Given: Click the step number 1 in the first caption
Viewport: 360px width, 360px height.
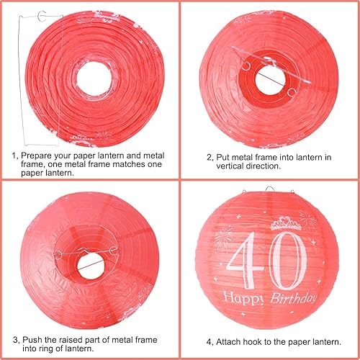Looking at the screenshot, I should (x=14, y=155).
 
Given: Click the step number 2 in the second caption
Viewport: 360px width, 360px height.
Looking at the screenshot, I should (x=208, y=156).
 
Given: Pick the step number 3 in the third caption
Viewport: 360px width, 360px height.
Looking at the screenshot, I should (x=14, y=339).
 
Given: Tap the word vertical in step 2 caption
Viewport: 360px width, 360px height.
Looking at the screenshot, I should (x=231, y=166).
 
